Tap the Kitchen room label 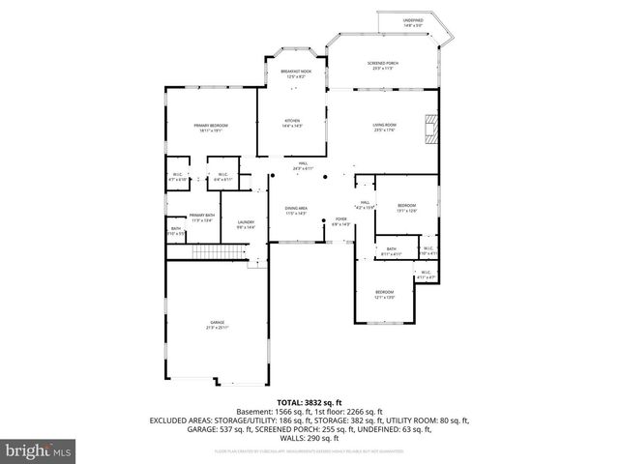click(293, 124)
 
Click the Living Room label click(384, 127)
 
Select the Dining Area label click(295, 210)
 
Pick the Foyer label click(340, 221)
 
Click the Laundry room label click(246, 224)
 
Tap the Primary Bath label click(202, 217)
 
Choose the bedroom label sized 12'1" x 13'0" click(385, 294)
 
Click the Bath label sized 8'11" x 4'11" click(391, 251)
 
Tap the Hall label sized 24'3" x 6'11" click(303, 166)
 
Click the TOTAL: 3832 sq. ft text click(309, 401)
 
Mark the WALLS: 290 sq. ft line click(309, 438)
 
